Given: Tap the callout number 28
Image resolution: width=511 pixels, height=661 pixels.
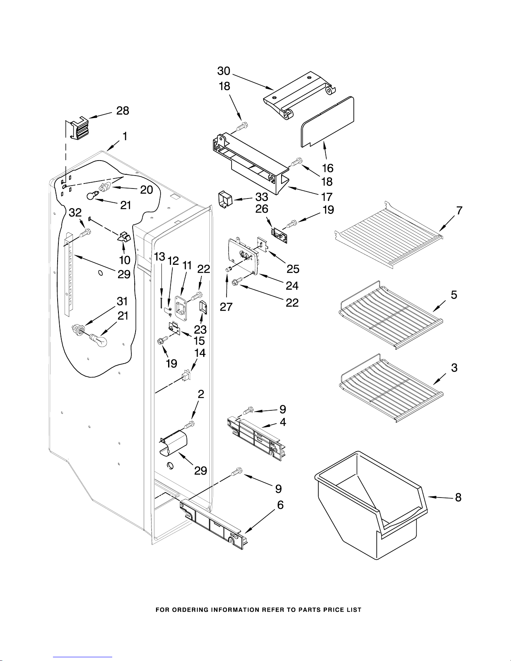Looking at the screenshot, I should [123, 111].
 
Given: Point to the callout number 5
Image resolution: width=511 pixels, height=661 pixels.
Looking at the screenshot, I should [454, 295].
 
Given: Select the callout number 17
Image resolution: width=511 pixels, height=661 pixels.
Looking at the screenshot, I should [327, 196].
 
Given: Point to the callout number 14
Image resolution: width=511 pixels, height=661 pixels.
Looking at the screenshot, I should [200, 353].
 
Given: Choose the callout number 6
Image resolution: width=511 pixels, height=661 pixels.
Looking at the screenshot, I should [280, 505].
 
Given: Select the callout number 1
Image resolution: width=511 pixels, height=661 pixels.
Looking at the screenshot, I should [124, 136].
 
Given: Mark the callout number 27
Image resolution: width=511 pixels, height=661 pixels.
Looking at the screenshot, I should [226, 307].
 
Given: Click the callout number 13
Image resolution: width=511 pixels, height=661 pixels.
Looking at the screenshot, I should [159, 257].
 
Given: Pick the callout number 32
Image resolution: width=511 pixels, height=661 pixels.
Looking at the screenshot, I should [75, 213].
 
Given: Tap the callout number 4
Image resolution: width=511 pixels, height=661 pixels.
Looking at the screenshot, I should [283, 422].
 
